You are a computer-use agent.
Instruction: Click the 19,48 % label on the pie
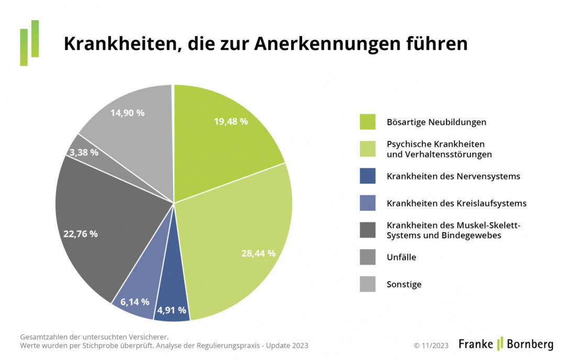point(231,121)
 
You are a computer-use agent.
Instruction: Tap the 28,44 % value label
point(258,253)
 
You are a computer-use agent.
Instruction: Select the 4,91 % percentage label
point(172,310)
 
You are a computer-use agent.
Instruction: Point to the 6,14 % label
point(135,301)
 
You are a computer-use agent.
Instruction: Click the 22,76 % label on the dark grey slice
point(80,234)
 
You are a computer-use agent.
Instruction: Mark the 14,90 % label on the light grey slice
point(127,113)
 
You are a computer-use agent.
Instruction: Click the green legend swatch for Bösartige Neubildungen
point(368,122)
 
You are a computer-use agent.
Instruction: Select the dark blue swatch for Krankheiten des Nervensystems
point(368,176)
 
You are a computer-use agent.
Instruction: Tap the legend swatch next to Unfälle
point(368,257)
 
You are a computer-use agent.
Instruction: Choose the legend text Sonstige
point(404,284)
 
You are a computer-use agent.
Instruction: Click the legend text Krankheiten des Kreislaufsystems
point(456,203)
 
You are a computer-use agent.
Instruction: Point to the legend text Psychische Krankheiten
point(435,143)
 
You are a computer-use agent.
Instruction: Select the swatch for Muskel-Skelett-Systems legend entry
point(368,230)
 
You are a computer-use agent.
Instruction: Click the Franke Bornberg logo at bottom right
point(506,344)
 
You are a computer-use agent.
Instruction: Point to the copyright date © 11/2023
point(431,345)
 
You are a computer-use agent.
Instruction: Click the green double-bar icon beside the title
point(29,43)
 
